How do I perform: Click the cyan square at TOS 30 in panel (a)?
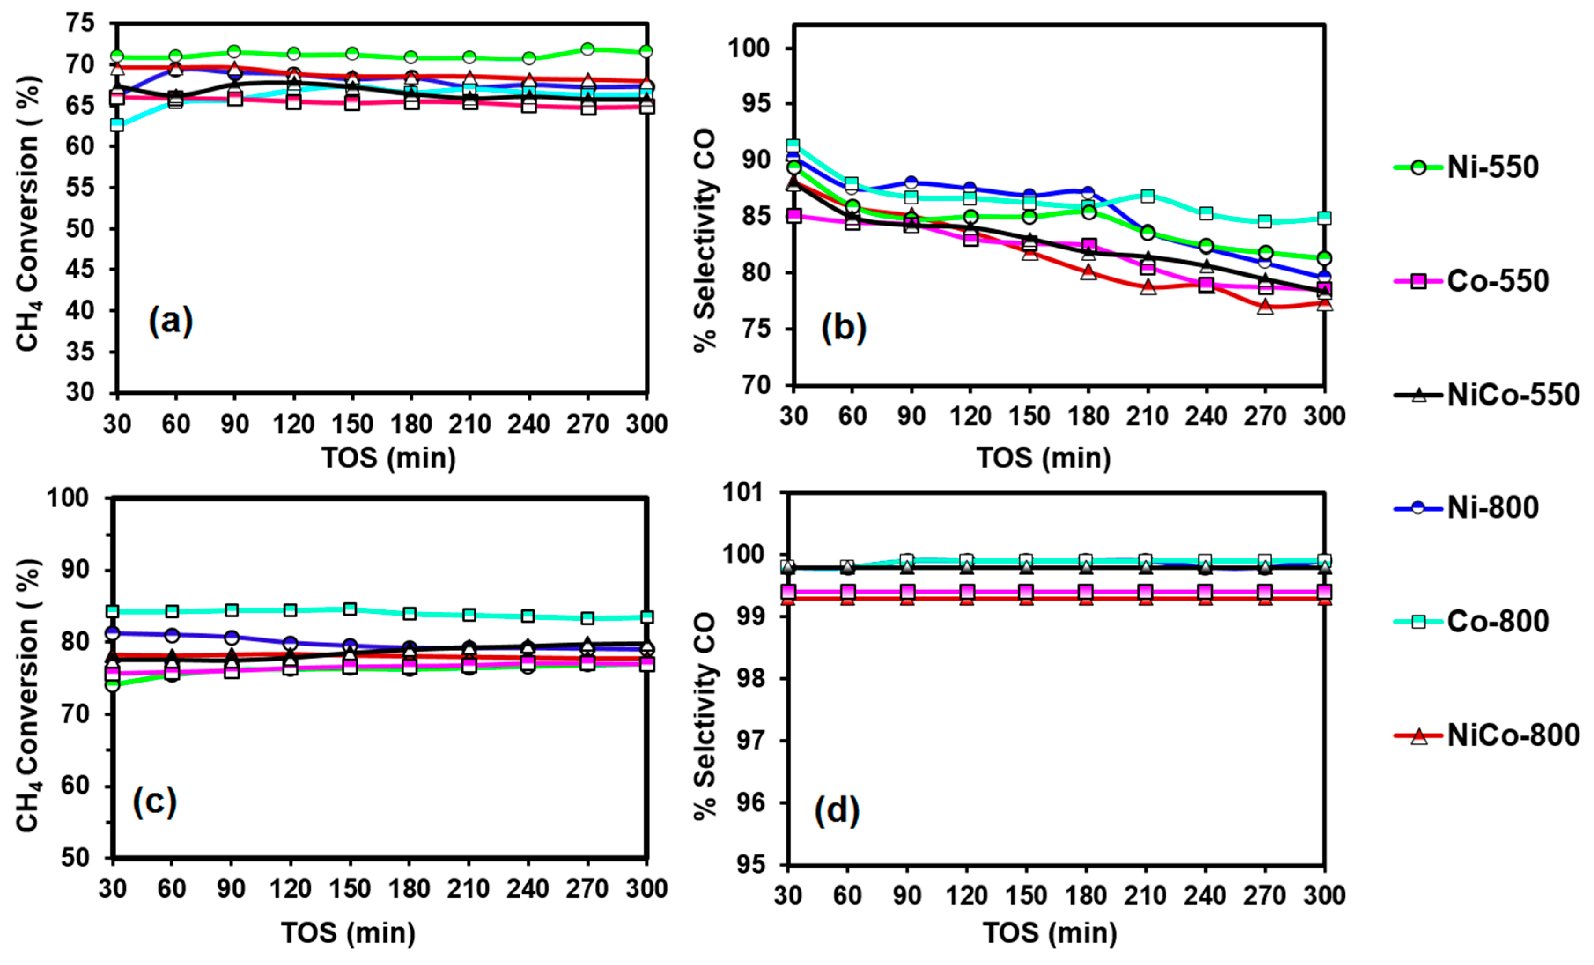point(117,124)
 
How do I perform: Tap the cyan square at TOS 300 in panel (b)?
point(1324,218)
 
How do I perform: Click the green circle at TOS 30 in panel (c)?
point(113,684)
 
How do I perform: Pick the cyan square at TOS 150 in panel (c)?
point(350,609)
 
